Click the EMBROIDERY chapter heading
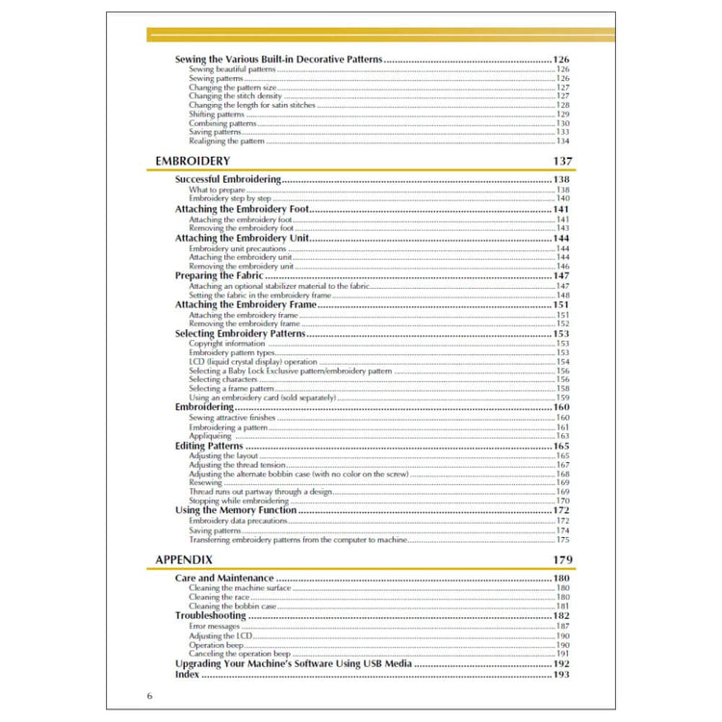coord(193,160)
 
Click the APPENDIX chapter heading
coord(184,559)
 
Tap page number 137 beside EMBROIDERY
coord(563,160)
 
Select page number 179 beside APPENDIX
coord(563,559)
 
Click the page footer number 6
coord(149,696)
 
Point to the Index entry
coord(187,675)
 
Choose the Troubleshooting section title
coord(210,615)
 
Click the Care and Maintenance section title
coord(224,579)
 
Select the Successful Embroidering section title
coord(228,179)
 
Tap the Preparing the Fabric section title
coord(219,275)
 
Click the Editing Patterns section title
coord(209,446)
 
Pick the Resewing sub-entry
coord(206,483)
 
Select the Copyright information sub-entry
coord(227,343)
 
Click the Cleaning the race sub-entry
coord(220,597)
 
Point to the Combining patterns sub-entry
coord(222,123)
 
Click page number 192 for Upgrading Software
coord(561,664)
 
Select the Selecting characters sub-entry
coord(223,379)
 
